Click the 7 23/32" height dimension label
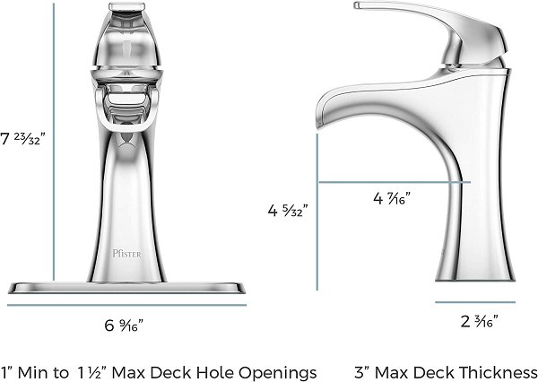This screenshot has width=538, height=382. (22, 139)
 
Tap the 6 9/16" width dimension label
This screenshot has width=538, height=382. (124, 326)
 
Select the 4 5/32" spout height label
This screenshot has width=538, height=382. (288, 210)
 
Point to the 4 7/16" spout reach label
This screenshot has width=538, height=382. (392, 198)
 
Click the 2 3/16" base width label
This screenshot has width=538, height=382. (479, 321)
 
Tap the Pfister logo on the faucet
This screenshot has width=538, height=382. (127, 254)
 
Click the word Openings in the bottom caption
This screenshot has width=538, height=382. (278, 373)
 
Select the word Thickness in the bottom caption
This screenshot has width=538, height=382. (499, 372)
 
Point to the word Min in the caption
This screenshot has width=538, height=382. (32, 372)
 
